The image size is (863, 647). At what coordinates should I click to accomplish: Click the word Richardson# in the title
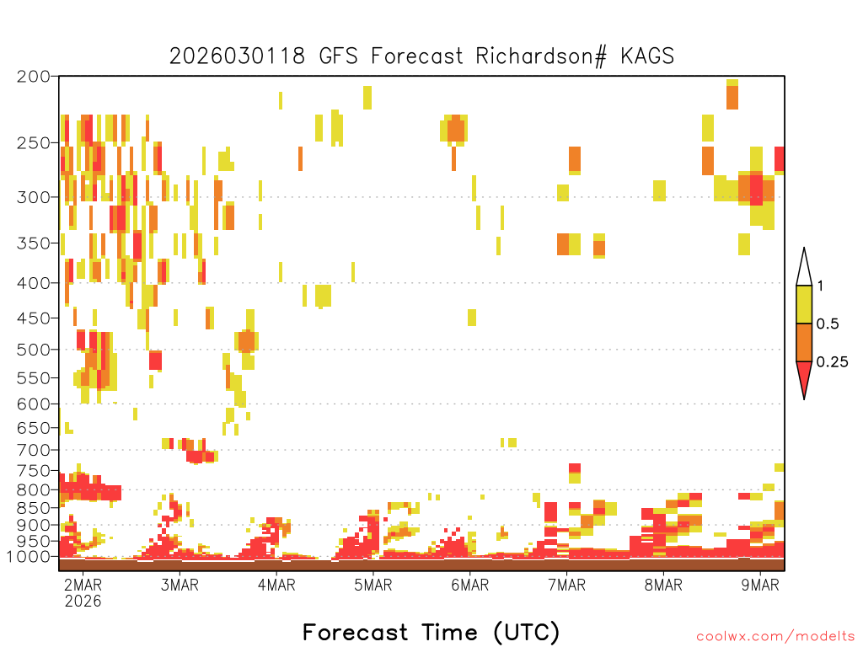point(541,56)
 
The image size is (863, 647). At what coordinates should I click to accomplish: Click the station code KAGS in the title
point(647,56)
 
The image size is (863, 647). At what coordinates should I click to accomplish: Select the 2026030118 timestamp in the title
point(237,56)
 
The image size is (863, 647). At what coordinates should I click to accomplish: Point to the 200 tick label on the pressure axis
point(33,77)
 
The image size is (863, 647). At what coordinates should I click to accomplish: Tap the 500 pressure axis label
point(33,350)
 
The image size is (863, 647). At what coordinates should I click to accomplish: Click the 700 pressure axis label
point(33,450)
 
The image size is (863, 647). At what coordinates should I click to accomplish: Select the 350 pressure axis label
point(33,243)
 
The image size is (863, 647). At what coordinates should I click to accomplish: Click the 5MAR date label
point(373,585)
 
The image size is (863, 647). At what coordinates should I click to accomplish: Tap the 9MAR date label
point(760,585)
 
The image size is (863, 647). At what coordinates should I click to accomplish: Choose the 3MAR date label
point(180,585)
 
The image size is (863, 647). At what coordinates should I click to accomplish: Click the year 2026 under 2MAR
point(83,601)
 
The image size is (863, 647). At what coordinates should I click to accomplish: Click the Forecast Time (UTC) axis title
point(431,632)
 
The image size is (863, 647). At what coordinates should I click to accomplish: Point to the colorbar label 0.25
point(832,362)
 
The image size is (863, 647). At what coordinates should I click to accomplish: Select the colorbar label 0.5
point(828,323)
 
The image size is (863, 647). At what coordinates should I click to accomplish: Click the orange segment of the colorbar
point(804,342)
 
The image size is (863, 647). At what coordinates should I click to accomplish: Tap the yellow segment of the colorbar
point(804,304)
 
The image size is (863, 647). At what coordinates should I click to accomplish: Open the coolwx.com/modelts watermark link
point(775,637)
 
